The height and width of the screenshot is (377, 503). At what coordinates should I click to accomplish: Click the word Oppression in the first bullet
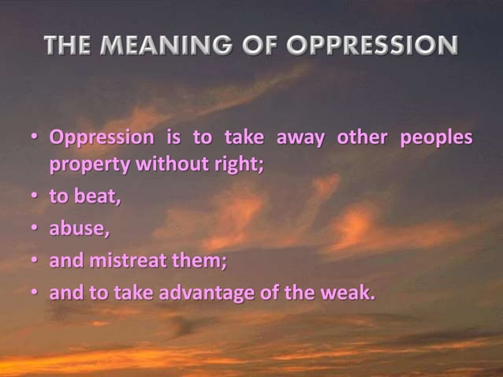click(102, 137)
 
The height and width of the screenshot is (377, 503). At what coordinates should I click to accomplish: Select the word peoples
click(437, 137)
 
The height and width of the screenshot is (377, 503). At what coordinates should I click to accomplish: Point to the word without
click(166, 166)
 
